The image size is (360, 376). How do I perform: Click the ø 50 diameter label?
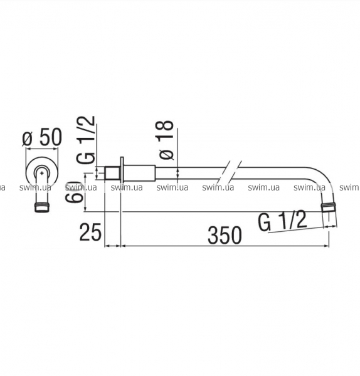(x=42, y=137)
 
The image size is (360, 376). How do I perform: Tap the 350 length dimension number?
(x=225, y=235)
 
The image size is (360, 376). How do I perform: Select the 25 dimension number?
(x=90, y=232)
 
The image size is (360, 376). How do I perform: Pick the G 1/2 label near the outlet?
(x=282, y=221)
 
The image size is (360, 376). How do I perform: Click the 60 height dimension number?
(x=75, y=192)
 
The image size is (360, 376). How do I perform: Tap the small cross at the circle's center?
(x=42, y=173)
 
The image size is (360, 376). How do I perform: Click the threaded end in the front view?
(x=42, y=207)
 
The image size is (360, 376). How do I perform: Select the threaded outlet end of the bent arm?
(x=328, y=207)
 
